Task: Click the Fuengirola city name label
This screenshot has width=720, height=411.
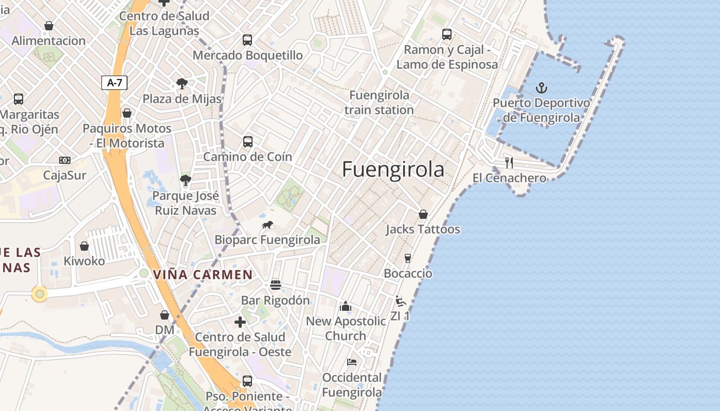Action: point(393,170)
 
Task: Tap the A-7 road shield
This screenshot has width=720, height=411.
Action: point(114,82)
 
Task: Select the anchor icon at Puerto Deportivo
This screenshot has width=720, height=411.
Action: point(541,88)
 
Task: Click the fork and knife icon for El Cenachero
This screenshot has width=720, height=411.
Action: point(509,163)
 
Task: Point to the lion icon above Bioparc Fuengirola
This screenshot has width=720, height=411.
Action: point(267,225)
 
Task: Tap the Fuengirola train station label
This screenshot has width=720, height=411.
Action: point(379,102)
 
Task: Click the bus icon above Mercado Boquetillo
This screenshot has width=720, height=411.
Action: point(247,40)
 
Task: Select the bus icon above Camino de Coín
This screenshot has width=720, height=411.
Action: point(248,141)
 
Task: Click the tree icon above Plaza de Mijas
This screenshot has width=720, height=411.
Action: point(182,83)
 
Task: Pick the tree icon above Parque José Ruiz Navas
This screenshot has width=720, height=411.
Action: point(185,180)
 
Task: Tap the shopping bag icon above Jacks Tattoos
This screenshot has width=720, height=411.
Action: point(423,214)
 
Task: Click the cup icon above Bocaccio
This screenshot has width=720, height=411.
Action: point(408,258)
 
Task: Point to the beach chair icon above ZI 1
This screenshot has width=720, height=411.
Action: point(400,301)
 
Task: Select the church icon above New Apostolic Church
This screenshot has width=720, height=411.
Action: point(345,306)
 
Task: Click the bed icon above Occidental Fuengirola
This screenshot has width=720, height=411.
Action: point(352,362)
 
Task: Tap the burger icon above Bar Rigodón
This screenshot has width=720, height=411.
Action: point(276,285)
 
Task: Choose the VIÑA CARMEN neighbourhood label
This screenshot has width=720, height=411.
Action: point(203,275)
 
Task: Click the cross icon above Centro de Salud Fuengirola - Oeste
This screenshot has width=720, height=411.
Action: point(240,322)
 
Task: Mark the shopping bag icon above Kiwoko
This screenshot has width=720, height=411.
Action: point(84,246)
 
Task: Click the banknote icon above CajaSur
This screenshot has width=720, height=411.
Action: point(65,160)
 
